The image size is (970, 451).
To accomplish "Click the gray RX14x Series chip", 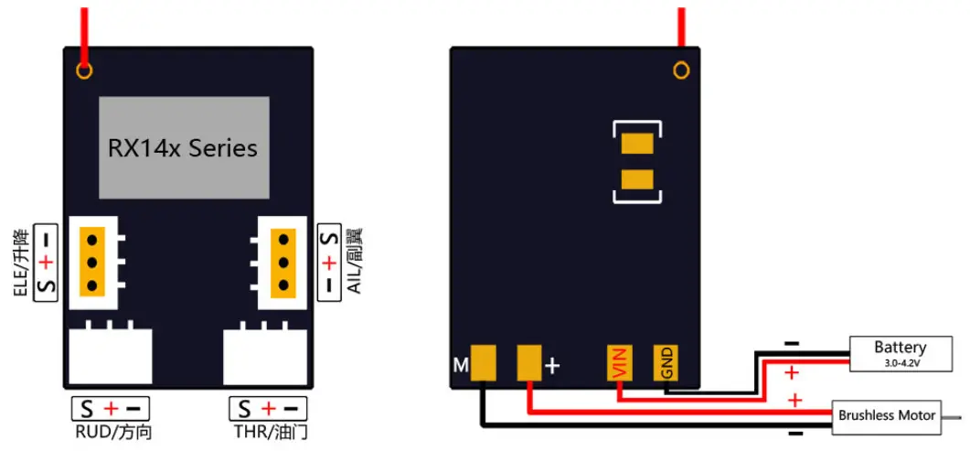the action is [184, 147].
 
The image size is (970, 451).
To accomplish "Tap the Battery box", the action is [900, 352].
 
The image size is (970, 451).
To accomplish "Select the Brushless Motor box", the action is [887, 415].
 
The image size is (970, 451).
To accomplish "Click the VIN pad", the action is [621, 364].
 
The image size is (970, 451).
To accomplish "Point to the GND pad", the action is [666, 364].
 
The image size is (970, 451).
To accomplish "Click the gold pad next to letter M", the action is [485, 363].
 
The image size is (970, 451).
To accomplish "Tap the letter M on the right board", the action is [461, 366].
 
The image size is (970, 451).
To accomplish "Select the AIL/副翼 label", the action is [355, 262].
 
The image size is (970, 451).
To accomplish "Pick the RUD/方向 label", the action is [110, 432].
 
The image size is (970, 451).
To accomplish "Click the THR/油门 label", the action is [267, 432].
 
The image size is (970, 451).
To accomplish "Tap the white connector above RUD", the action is [111, 356].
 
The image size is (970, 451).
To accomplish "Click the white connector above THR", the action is [265, 356].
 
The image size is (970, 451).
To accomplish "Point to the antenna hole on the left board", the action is [84, 70].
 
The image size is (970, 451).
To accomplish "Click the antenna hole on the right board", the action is [680, 70].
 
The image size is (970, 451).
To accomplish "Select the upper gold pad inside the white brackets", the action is [637, 145].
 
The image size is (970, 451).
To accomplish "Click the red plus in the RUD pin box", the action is [111, 408].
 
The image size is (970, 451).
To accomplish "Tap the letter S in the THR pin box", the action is [244, 408].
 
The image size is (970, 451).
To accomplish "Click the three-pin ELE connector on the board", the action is [94, 262].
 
